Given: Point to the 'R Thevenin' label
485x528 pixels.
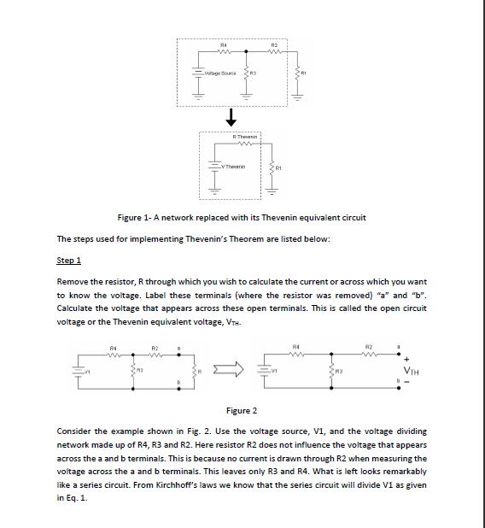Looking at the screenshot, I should [245, 137].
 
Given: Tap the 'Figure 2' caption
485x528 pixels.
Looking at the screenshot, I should [242, 411].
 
